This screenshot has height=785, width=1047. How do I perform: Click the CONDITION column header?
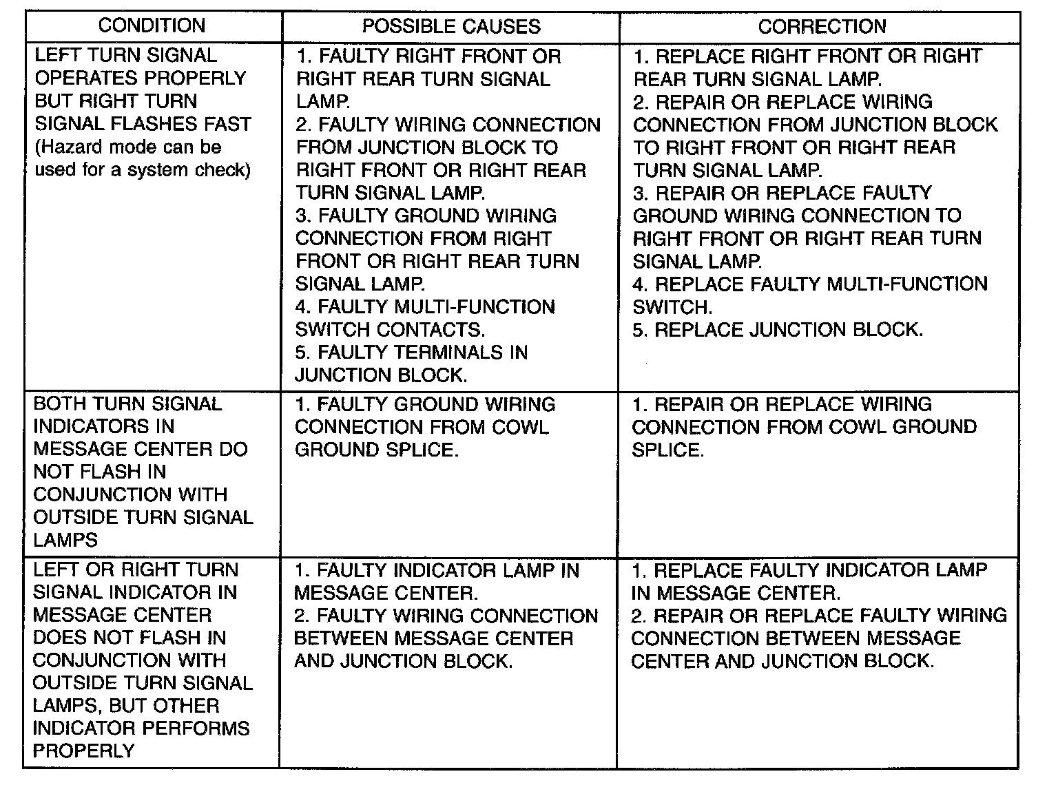click(152, 26)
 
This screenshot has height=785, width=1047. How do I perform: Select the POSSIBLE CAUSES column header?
click(451, 26)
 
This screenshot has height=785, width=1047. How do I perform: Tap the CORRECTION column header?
click(822, 26)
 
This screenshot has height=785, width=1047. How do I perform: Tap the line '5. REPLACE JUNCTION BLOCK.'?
click(778, 329)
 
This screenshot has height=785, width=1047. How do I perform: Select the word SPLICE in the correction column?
click(667, 450)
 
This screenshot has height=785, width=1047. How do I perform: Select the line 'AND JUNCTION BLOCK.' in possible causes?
click(403, 661)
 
